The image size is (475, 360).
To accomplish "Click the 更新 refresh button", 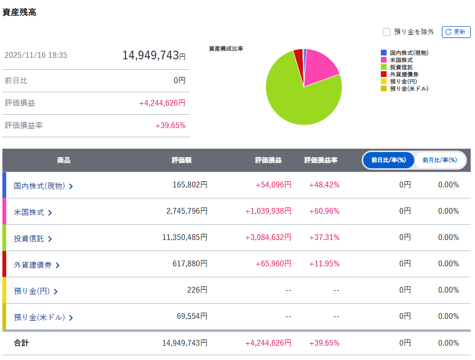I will tap(456, 32).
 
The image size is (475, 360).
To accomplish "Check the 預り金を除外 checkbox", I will tap(387, 32).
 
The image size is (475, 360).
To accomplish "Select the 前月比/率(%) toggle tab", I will tap(440, 160).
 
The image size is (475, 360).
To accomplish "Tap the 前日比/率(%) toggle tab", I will tap(389, 160).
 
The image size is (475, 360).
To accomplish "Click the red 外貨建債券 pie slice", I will tap(299, 57).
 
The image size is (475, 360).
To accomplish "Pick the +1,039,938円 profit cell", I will tap(268, 211).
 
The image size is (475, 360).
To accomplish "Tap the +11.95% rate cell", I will tap(324, 263).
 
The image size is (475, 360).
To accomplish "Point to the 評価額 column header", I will tap(182, 160).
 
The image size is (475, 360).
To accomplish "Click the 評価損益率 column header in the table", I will tap(321, 160).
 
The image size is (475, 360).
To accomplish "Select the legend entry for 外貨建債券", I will tap(404, 74).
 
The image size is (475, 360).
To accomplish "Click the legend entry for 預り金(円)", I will tap(404, 81).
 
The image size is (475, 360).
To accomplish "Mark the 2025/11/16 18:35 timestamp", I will tap(36, 55).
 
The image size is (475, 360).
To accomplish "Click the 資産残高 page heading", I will tap(20, 12).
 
